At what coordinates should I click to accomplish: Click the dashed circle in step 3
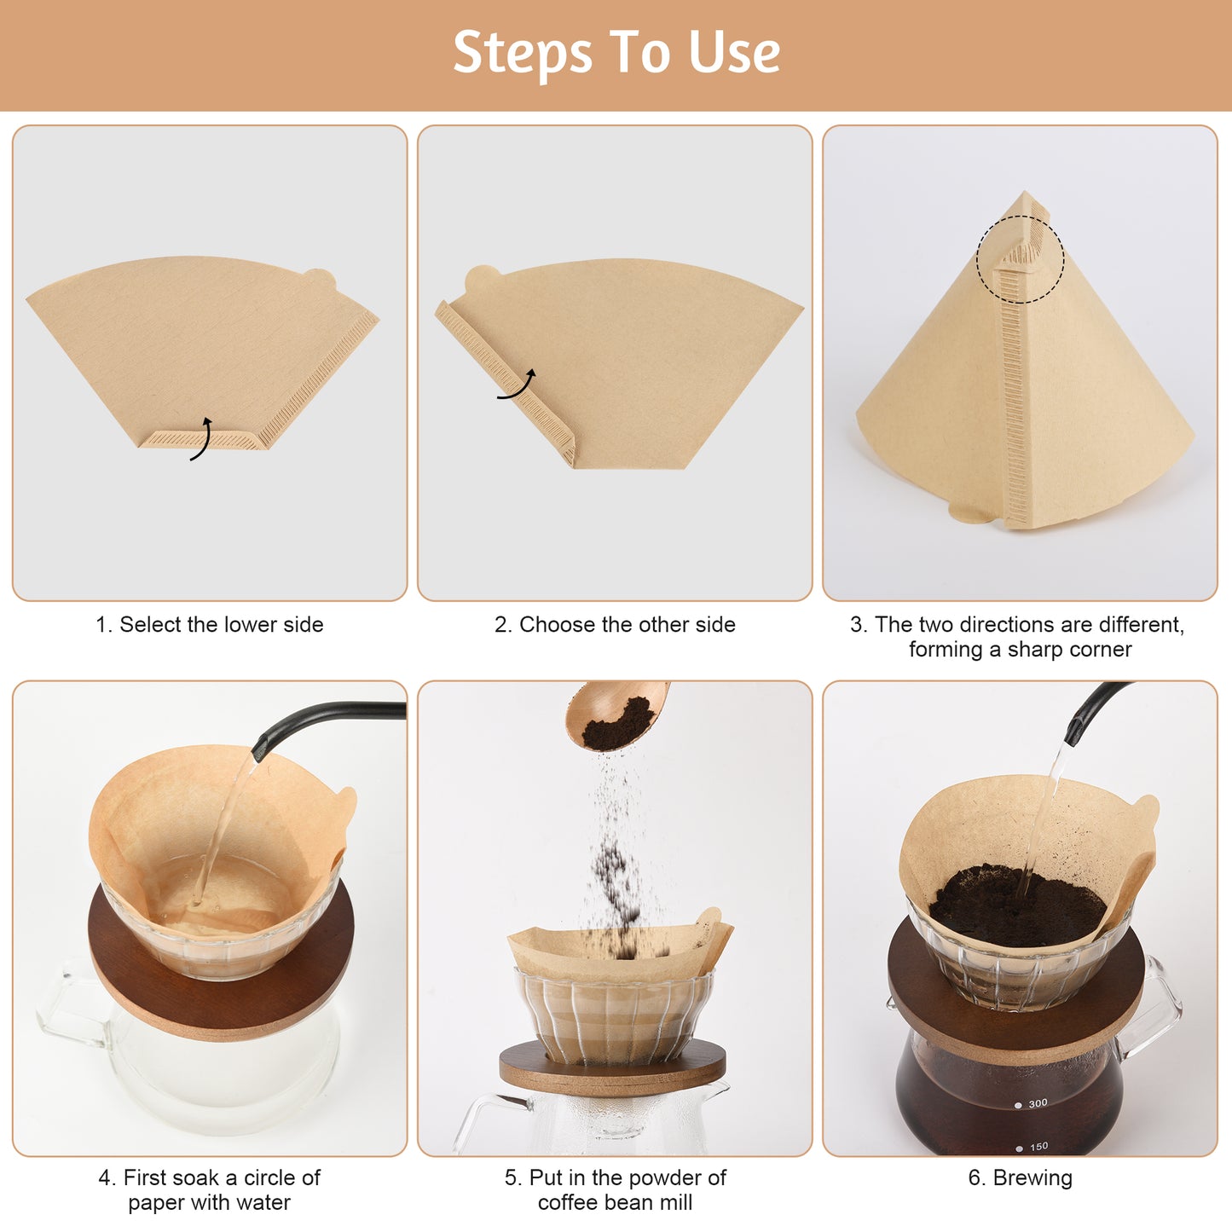(x=1020, y=259)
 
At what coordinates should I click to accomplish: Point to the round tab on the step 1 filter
(x=320, y=279)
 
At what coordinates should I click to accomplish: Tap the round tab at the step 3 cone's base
(x=970, y=512)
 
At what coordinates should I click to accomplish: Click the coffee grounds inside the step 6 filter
(x=1016, y=903)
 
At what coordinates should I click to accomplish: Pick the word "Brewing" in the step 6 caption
(x=1032, y=1178)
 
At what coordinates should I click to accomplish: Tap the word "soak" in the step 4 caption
(x=195, y=1177)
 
